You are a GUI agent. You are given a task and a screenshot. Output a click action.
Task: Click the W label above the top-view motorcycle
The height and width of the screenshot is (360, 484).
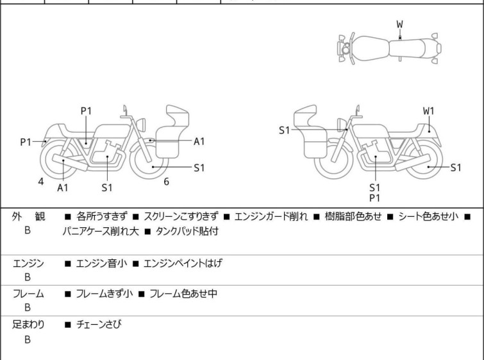click(x=399, y=24)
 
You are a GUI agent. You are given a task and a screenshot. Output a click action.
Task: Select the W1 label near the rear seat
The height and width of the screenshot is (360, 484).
click(x=428, y=111)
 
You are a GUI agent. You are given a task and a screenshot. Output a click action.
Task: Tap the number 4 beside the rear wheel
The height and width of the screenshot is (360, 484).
click(x=41, y=182)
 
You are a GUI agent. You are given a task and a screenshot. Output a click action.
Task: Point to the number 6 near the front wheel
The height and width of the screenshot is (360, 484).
click(x=166, y=182)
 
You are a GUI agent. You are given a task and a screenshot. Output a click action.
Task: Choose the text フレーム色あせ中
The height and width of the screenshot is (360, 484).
click(x=183, y=294)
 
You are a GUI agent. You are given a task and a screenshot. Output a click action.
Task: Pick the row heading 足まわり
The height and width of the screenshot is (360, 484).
click(x=28, y=325)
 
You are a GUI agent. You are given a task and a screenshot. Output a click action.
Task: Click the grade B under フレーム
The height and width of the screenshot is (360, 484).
click(x=28, y=308)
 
